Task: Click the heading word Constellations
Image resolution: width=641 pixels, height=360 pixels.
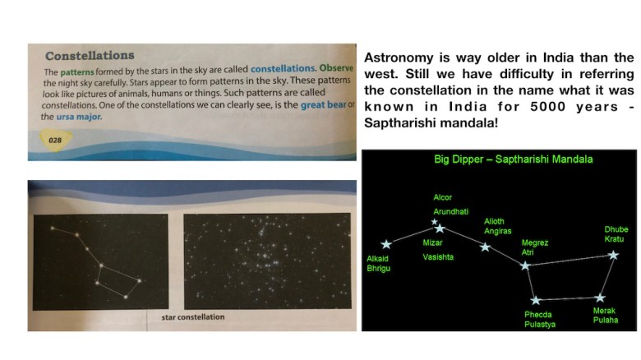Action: pos(90,57)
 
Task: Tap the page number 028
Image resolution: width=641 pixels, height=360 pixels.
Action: pos(55,140)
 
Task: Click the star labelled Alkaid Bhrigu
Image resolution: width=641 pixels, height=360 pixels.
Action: pos(386,244)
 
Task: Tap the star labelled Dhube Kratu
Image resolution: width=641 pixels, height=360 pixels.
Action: pos(614,256)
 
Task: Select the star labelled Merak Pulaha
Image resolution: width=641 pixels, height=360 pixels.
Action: pos(600,298)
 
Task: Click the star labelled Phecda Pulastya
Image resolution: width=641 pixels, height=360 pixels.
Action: pos(536,300)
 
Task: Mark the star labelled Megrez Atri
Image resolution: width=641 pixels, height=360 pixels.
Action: pos(526,265)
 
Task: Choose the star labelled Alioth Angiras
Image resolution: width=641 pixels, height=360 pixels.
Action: pos(486,247)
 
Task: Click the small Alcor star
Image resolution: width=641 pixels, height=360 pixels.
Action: pos(435,221)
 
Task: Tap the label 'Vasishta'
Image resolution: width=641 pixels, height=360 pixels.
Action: pos(438,257)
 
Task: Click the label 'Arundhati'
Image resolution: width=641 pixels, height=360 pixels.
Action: pos(450,211)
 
